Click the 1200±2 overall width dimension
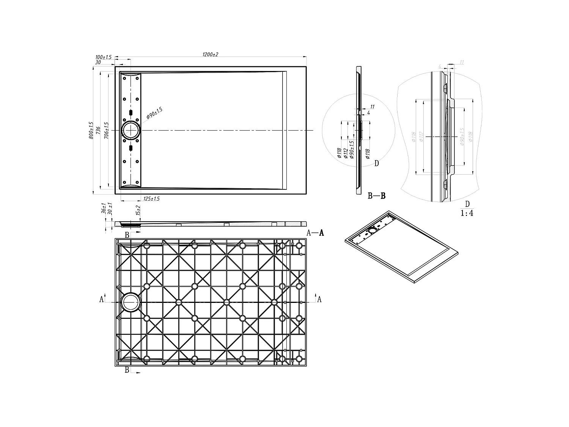tap(211, 55)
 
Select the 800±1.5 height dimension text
tap(91, 130)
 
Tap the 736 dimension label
tap(98, 130)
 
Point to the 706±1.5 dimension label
tap(107, 130)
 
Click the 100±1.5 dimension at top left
tap(103, 57)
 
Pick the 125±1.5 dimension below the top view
tap(151, 199)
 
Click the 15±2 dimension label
tap(138, 211)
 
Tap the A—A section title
tap(315, 233)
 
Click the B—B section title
tap(377, 196)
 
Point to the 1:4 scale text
tap(467, 213)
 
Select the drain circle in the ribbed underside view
tap(130, 302)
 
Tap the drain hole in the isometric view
tap(373, 230)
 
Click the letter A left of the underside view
tap(101, 299)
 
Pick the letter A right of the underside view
tap(319, 299)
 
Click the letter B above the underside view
tap(127, 235)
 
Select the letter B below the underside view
tap(127, 370)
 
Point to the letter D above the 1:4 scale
tap(467, 205)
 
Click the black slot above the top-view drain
tap(131, 113)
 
